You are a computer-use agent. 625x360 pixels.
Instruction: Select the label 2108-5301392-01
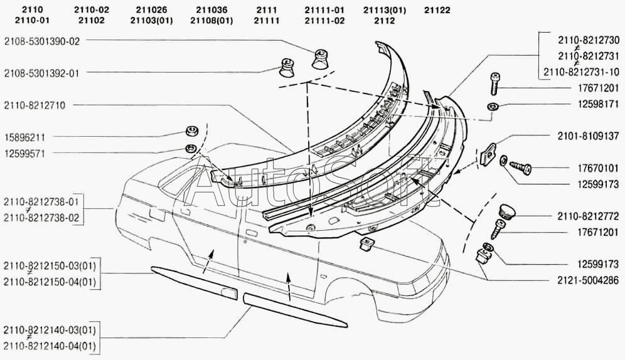click(x=43, y=72)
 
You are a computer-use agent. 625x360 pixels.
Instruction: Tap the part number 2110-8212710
click(x=35, y=104)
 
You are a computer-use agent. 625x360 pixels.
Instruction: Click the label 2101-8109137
click(x=587, y=135)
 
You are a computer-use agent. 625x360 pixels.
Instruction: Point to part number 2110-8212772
click(x=587, y=216)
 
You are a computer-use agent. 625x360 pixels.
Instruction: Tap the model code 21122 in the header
click(x=437, y=10)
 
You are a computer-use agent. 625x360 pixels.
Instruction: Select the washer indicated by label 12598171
click(x=494, y=106)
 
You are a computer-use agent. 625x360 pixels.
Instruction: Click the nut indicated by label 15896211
click(x=190, y=132)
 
